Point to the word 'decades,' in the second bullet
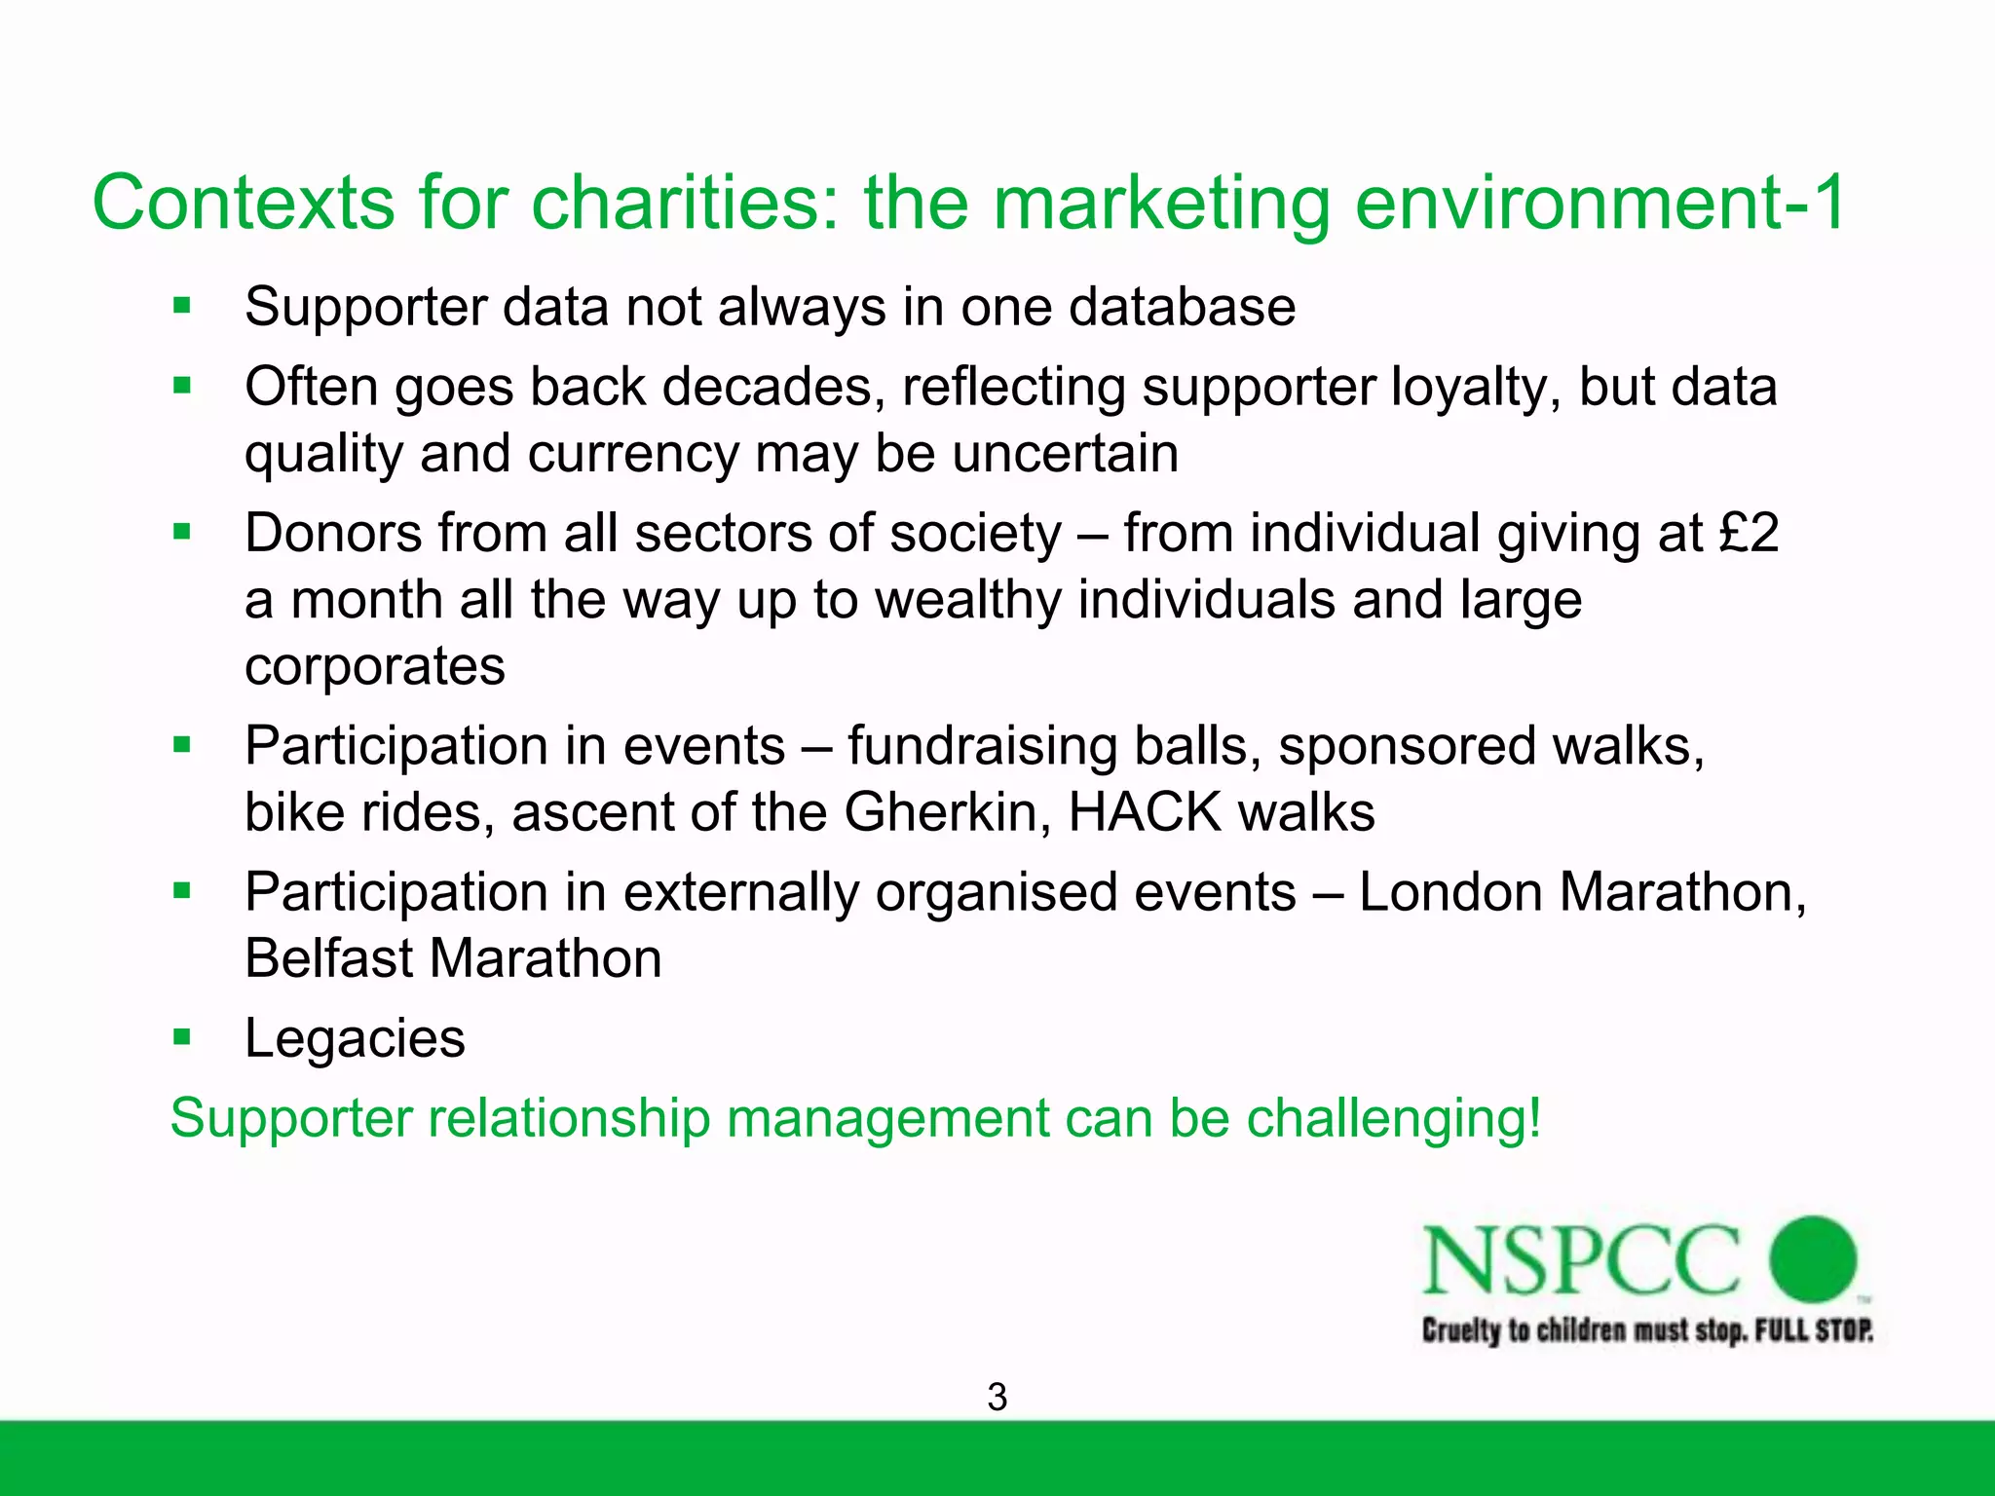[773, 388]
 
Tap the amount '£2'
[1749, 534]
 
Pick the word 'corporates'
[375, 667]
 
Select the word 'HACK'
[1145, 812]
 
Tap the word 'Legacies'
[355, 1038]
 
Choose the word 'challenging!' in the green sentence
[1394, 1118]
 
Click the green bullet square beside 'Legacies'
[182, 1036]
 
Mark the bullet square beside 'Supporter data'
[182, 307]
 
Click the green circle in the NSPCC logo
[1813, 1258]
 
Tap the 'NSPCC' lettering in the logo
[1580, 1260]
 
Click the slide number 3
[997, 1398]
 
